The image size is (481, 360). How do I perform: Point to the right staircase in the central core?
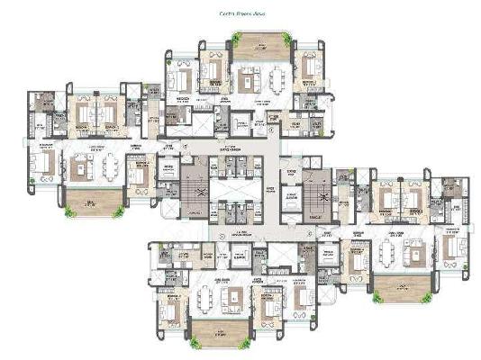[x=315, y=192]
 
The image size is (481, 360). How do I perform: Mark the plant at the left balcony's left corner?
[x=68, y=211]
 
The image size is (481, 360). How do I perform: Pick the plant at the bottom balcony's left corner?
[x=194, y=343]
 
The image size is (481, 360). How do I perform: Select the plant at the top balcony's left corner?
[x=235, y=37]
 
